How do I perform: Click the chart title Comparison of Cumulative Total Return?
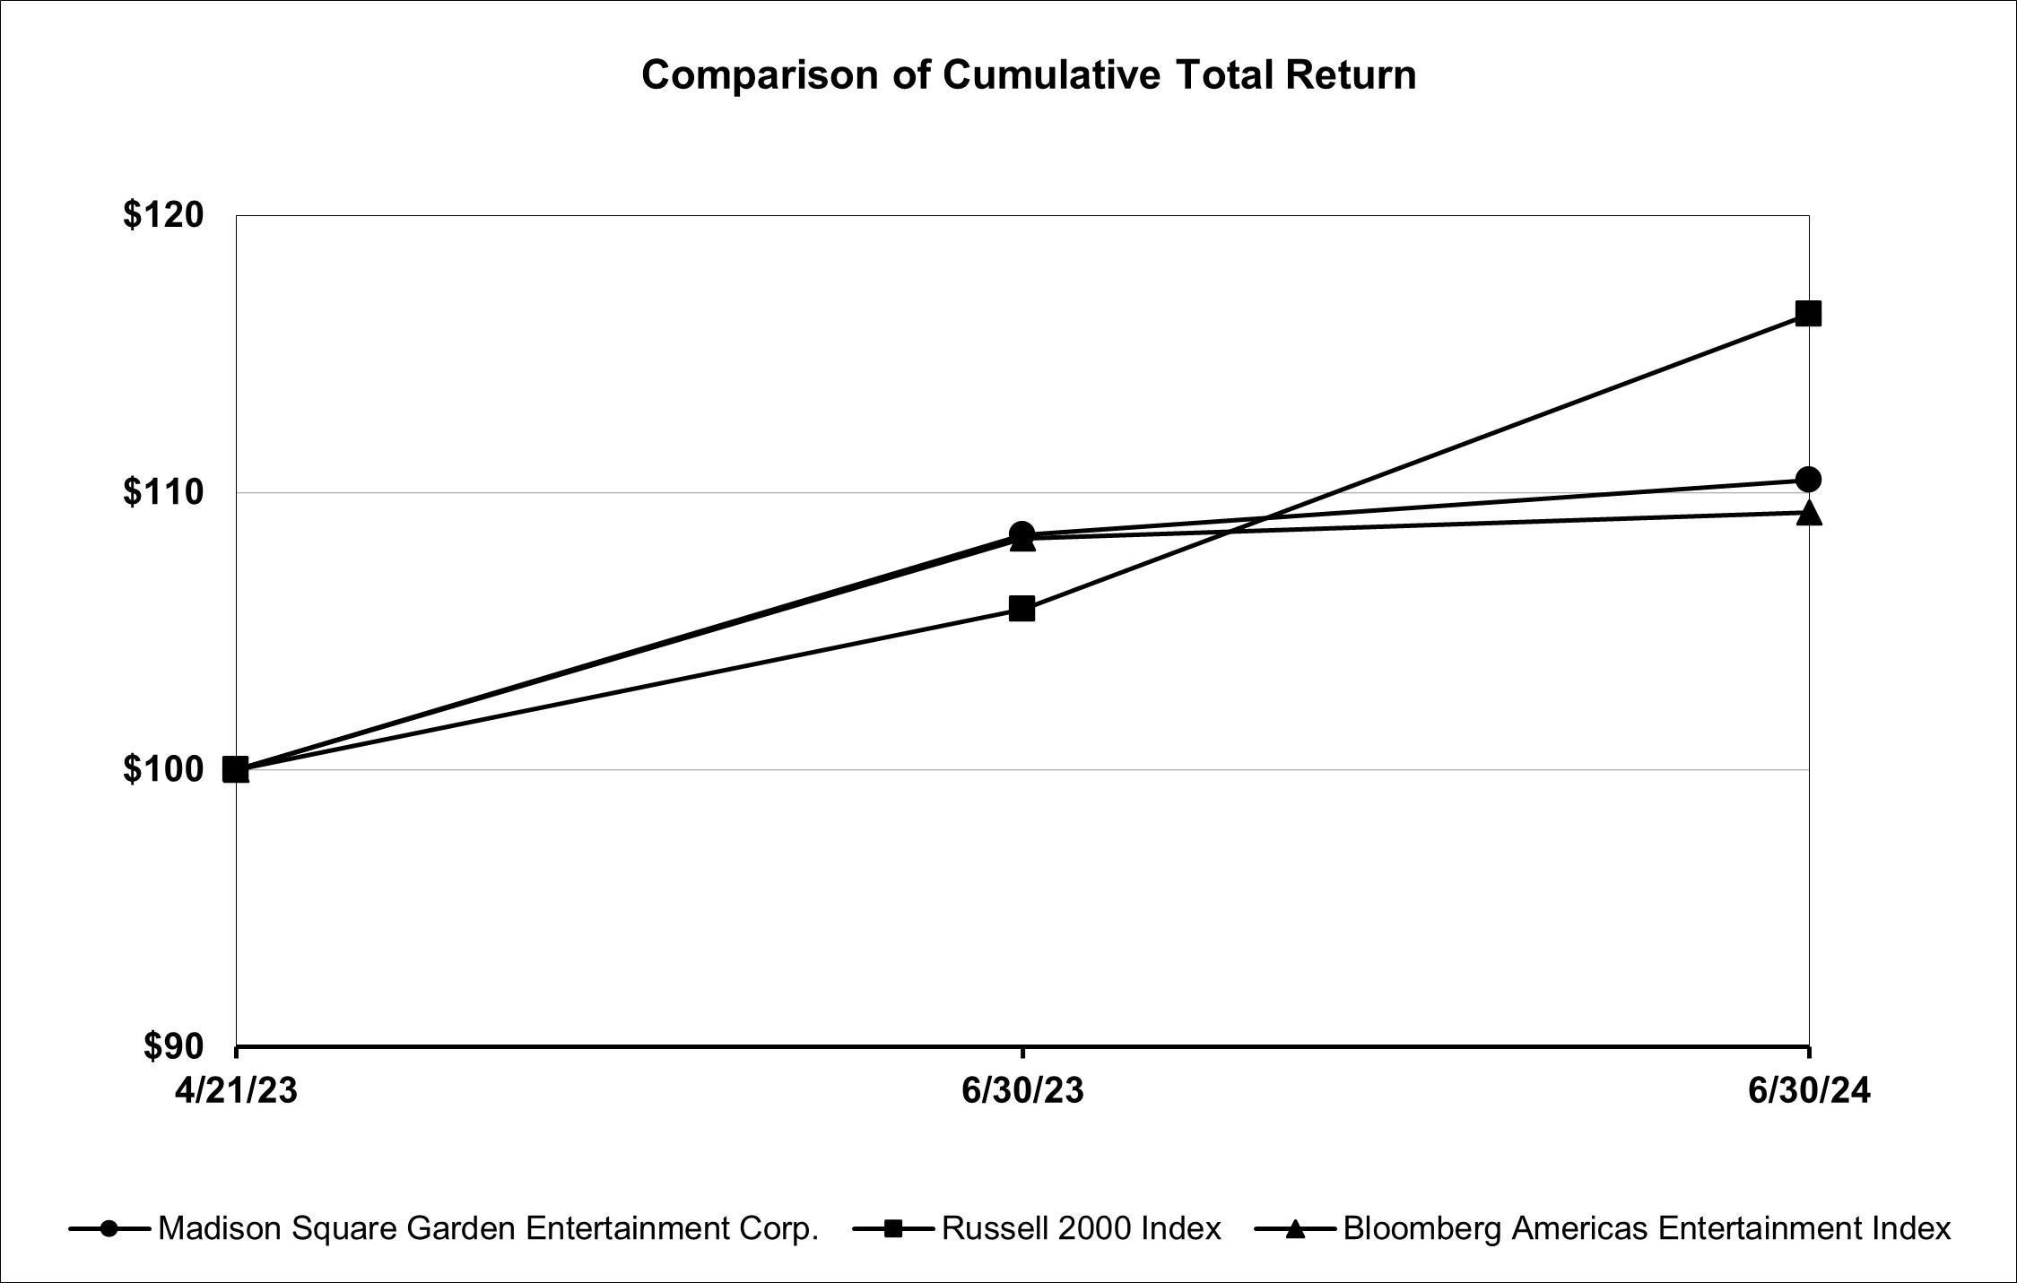(x=1029, y=75)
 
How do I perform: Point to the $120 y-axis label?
(x=164, y=215)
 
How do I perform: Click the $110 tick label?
(x=164, y=492)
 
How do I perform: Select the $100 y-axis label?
(x=164, y=769)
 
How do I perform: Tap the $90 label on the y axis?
(x=175, y=1046)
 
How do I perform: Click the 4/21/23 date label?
(x=237, y=1091)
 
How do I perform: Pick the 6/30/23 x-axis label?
(x=1022, y=1091)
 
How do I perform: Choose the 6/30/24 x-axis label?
(x=1809, y=1091)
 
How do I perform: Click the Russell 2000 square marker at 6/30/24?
(x=1808, y=314)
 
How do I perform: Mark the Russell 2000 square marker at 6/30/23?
(x=1022, y=610)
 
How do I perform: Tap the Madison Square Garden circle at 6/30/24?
(x=1809, y=480)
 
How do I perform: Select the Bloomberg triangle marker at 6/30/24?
(x=1809, y=513)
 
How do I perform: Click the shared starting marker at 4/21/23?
(x=236, y=769)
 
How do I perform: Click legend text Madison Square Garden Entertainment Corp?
(x=489, y=1228)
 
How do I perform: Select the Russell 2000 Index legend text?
(x=1081, y=1228)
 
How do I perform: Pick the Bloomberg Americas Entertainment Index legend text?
(x=1647, y=1228)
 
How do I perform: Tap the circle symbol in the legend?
(x=109, y=1228)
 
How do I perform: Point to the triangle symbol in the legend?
(x=1294, y=1228)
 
